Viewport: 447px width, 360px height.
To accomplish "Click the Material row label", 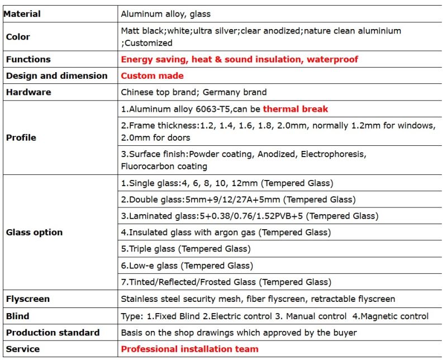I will (x=23, y=13).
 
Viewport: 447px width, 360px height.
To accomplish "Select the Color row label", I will (x=18, y=37).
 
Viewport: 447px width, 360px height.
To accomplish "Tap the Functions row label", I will (x=28, y=59).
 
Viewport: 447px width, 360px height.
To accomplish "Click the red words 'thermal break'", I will (x=296, y=109).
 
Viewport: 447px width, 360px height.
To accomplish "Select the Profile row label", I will (x=21, y=138).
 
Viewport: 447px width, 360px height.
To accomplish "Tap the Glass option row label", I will (x=34, y=232).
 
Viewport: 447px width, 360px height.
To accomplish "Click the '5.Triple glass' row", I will (x=186, y=249).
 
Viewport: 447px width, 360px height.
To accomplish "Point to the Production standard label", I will (x=53, y=333).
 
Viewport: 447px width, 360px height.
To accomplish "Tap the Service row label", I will (x=23, y=349).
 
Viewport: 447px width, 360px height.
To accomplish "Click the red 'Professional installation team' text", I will (x=189, y=349).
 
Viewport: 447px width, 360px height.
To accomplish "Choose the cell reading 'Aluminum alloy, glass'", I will (x=166, y=13).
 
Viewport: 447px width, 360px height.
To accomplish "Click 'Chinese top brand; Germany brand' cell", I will (x=193, y=92).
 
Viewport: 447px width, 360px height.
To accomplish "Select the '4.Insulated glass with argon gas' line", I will (x=226, y=232).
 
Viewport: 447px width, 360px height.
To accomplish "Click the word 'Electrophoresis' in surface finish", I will (x=333, y=154).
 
